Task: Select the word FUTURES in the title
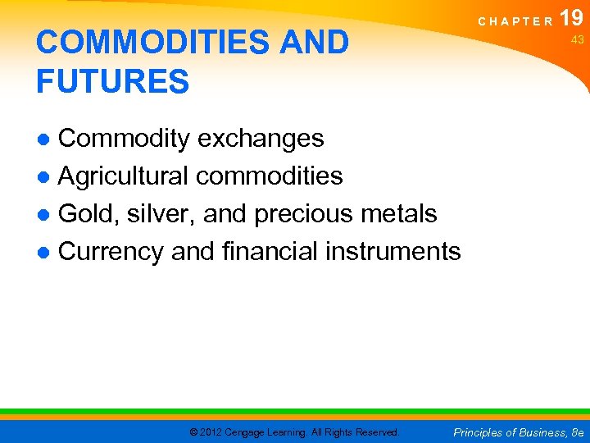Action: [112, 82]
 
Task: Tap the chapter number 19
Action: [573, 18]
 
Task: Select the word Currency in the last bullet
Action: [111, 251]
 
